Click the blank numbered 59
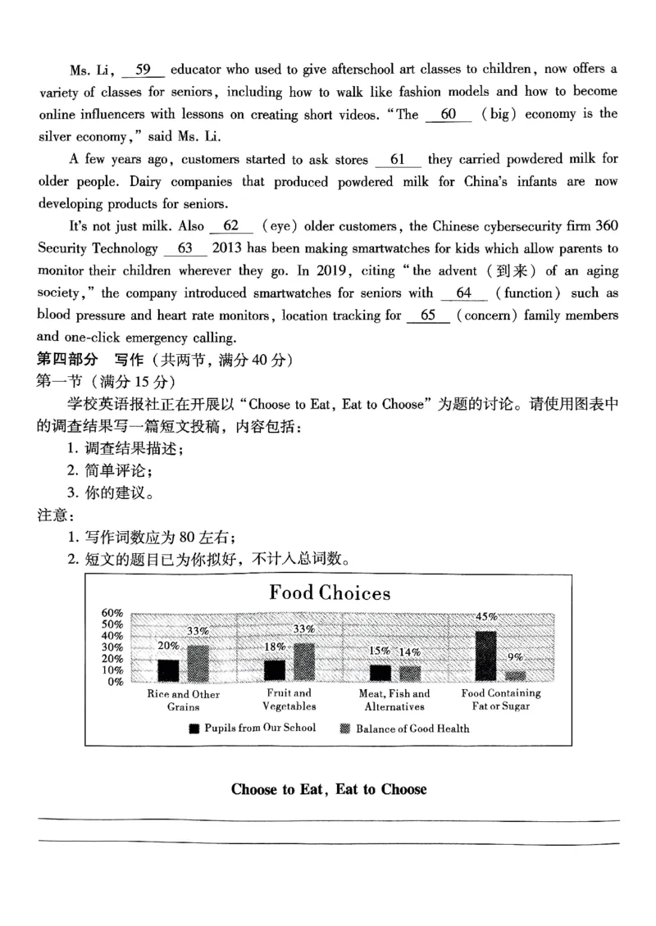(143, 70)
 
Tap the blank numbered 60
(449, 115)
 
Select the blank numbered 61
(398, 161)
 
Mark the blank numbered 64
(463, 293)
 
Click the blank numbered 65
(427, 315)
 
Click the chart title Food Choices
(330, 592)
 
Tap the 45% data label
(486, 616)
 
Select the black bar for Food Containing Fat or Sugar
(485, 656)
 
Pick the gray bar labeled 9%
(515, 676)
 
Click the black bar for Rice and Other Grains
(168, 670)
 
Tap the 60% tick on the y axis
(112, 613)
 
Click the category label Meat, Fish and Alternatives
(394, 700)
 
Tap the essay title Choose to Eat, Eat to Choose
(329, 789)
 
